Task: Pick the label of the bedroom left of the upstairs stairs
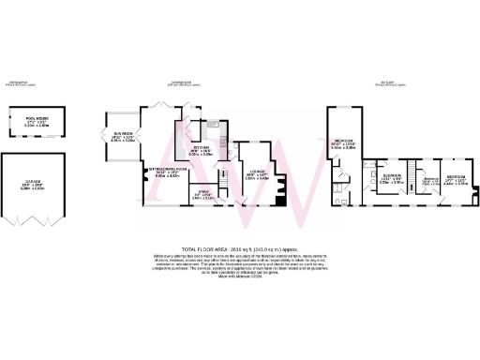pos(391,179)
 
